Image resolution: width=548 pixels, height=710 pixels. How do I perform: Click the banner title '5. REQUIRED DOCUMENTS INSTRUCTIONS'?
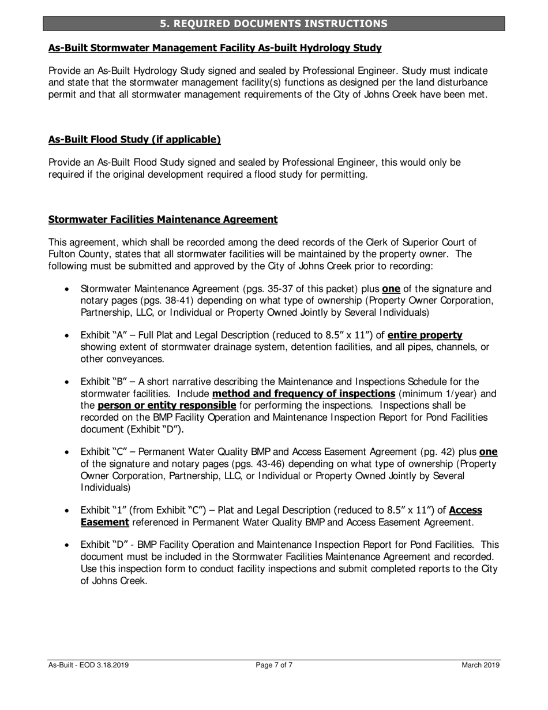pyautogui.click(x=273, y=24)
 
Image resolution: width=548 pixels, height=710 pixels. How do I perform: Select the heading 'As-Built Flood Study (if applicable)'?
pyautogui.click(x=134, y=140)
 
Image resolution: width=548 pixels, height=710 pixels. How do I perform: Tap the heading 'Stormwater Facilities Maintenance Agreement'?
pyautogui.click(x=163, y=219)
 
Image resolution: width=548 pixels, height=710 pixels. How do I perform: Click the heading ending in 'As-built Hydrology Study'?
pyautogui.click(x=215, y=48)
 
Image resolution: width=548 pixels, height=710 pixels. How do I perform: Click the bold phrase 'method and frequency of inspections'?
pyautogui.click(x=304, y=394)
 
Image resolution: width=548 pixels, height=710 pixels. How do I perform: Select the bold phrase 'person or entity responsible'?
pyautogui.click(x=167, y=405)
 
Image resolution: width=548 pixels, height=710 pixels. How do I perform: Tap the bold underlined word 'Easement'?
pyautogui.click(x=105, y=522)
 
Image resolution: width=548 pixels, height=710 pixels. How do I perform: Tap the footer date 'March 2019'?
pyautogui.click(x=481, y=665)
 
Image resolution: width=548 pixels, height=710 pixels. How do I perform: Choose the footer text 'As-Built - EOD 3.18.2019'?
pyautogui.click(x=88, y=665)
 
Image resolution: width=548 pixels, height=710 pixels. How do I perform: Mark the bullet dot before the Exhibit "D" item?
pyautogui.click(x=68, y=545)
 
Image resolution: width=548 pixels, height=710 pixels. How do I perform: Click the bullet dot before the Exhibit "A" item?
pyautogui.click(x=68, y=335)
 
